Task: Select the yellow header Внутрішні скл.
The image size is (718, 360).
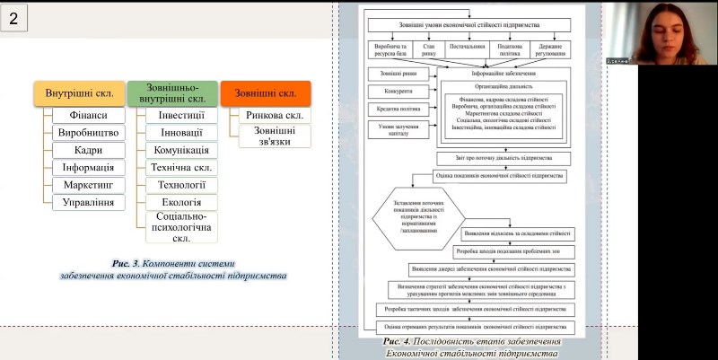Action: click(x=79, y=93)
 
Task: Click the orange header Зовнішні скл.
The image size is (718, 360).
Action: click(x=266, y=93)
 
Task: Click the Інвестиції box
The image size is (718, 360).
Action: click(x=181, y=115)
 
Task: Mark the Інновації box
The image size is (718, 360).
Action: click(x=181, y=132)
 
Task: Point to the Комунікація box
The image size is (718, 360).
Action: click(x=181, y=150)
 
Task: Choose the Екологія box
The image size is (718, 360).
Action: click(x=181, y=202)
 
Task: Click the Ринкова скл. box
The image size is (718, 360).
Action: click(x=275, y=115)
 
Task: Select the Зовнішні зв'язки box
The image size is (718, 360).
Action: click(x=275, y=136)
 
